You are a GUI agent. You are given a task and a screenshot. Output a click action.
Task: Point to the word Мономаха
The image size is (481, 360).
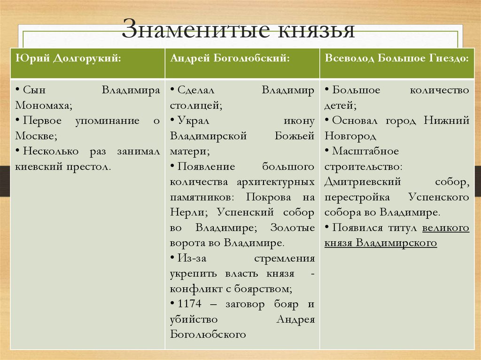tap(43, 106)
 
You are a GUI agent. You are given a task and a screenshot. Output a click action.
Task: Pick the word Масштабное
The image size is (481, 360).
tap(365, 151)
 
